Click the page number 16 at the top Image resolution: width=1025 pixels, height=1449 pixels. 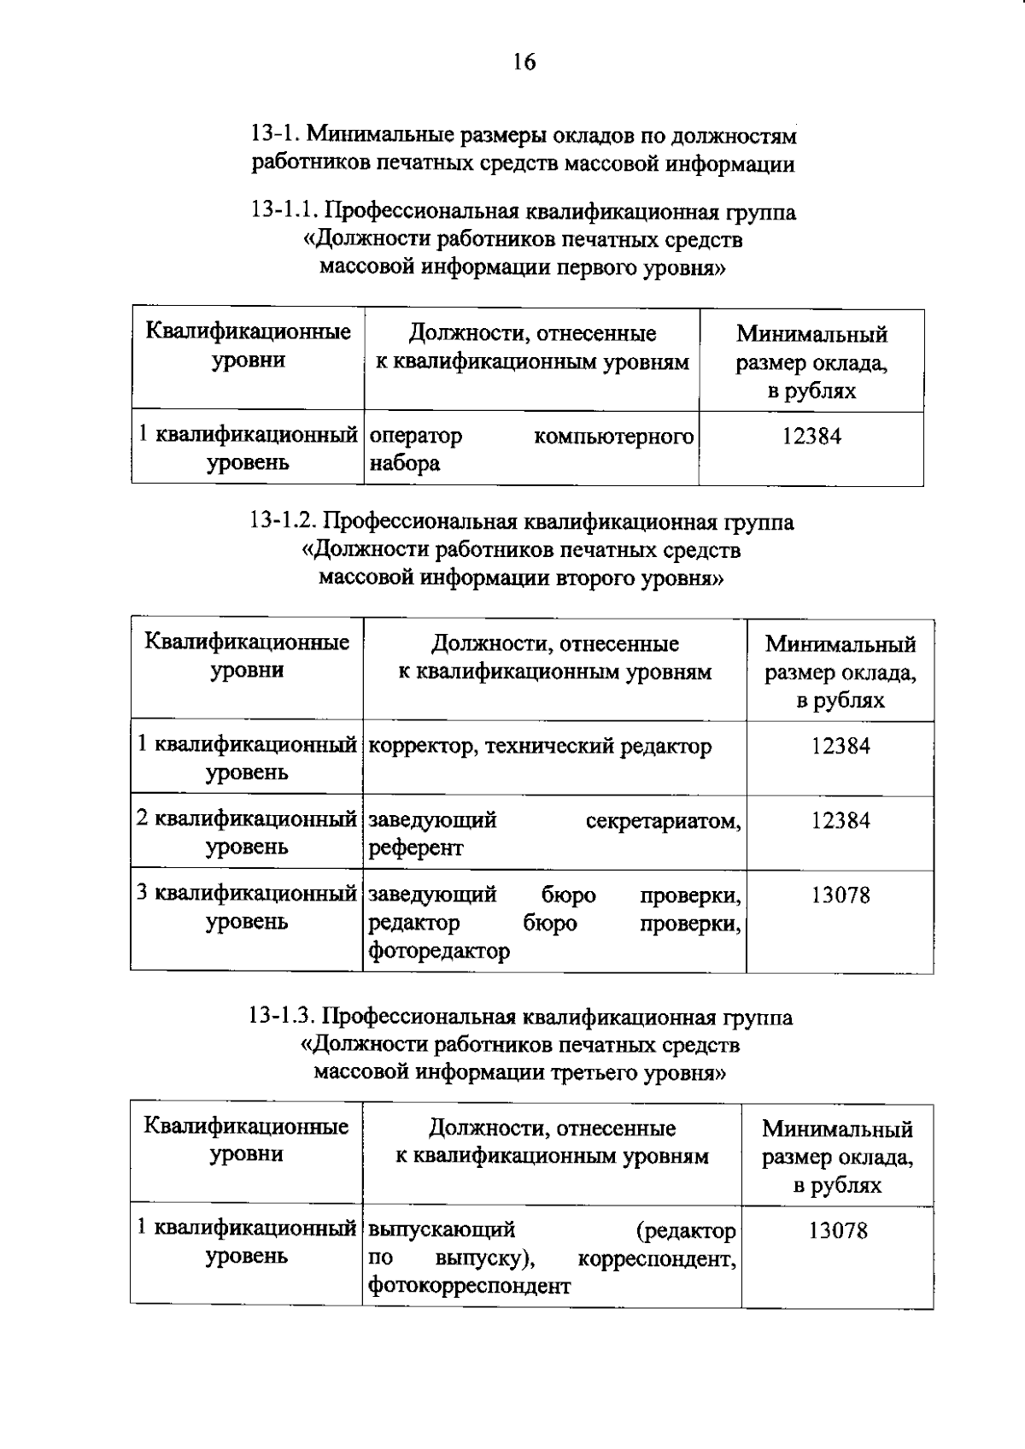pos(524,62)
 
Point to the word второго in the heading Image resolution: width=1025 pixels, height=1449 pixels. pos(593,578)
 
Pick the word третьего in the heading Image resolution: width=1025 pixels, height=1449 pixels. pos(591,1071)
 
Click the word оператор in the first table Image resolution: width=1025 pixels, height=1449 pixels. pos(416,437)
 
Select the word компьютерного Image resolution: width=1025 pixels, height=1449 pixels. pos(613,437)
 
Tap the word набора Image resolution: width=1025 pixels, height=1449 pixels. pos(404,464)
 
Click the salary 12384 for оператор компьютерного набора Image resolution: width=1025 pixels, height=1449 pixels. pos(811,437)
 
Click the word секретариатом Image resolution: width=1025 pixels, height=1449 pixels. pos(663,821)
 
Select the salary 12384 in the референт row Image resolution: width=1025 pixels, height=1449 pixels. pos(840,821)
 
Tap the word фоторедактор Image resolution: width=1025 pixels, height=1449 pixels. pos(439,951)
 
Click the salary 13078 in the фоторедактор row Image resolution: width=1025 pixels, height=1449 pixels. pos(840,895)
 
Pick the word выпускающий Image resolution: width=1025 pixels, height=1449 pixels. pos(441,1230)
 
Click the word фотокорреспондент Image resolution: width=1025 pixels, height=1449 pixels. pos(469,1286)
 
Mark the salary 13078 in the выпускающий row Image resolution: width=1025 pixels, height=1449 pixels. pos(838,1231)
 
